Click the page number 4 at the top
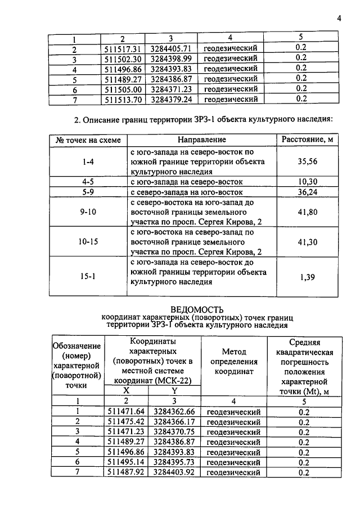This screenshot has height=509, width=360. coord(339,18)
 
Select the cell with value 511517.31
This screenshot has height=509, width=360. coord(124,48)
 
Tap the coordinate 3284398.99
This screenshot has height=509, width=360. coord(172,58)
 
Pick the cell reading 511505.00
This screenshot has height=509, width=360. coord(124,89)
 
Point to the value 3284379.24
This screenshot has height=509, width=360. coord(172,99)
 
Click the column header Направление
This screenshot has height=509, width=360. coord(202,139)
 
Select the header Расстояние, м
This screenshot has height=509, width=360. coord(307,139)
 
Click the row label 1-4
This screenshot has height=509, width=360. coord(87,162)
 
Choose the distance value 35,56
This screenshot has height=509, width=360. coord(307,162)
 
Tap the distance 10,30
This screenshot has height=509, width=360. coord(307,182)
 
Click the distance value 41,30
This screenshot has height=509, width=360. coord(307,241)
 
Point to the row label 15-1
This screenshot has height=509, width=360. coord(87,277)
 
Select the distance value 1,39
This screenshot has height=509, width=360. coord(307,277)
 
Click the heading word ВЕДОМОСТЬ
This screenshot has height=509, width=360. coord(197,310)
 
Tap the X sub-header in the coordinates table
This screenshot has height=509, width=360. coord(126,390)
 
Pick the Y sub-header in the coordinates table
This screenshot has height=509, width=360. coord(174,390)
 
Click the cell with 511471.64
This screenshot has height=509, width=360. coord(126,412)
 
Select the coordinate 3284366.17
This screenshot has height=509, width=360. coord(174,422)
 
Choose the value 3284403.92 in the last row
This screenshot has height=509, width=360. coord(174,472)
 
